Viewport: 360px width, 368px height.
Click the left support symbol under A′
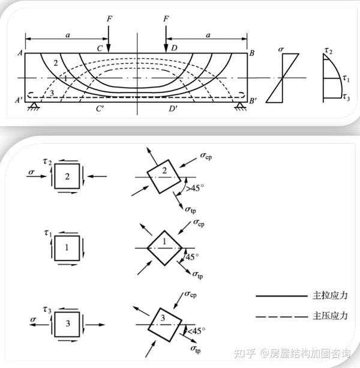point(34,106)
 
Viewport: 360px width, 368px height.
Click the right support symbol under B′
point(239,106)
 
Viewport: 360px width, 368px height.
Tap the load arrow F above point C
point(109,39)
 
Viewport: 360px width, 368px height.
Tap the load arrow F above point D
point(166,39)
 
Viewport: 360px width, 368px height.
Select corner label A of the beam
point(20,53)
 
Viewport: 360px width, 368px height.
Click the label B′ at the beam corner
point(253,101)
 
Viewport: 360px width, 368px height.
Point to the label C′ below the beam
point(100,109)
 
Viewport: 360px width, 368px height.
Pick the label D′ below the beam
point(173,109)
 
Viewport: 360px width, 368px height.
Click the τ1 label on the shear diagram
point(346,79)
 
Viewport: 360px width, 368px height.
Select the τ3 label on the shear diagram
point(346,97)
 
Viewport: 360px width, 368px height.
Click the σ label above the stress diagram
point(281,49)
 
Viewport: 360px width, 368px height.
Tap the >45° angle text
point(194,188)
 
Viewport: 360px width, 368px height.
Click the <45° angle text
point(196,331)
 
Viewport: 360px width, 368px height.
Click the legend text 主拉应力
point(330,295)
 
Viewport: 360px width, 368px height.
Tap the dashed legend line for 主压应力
point(281,317)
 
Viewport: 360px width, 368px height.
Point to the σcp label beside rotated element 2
point(206,156)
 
